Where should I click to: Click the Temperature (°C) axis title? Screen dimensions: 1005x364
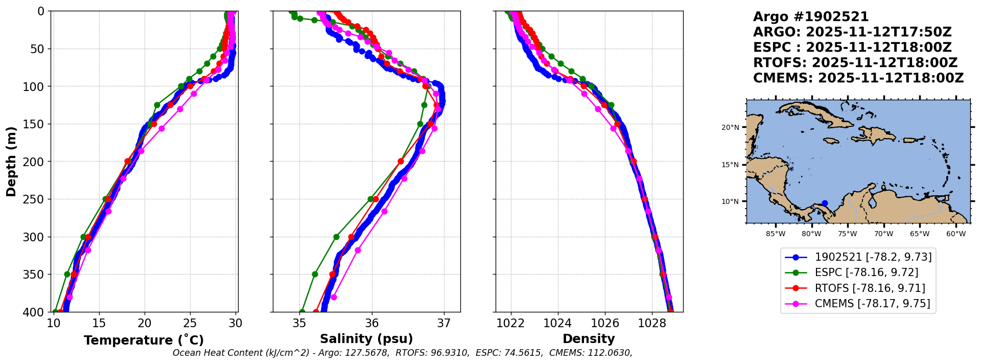tap(144, 340)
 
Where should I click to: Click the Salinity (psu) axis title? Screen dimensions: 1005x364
tap(366, 339)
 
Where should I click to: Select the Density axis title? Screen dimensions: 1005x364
tap(589, 339)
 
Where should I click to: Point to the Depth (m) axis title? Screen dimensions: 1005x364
tap(11, 162)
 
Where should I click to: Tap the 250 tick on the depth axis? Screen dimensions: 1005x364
tap(36, 199)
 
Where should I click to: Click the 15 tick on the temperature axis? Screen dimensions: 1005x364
tap(99, 323)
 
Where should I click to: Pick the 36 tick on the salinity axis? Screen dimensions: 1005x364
tap(371, 323)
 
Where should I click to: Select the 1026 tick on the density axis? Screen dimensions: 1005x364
tap(605, 323)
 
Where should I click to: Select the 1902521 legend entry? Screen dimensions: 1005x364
tap(858, 257)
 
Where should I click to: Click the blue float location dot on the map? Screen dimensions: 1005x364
tap(825, 203)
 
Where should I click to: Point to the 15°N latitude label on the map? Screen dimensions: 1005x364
tap(730, 165)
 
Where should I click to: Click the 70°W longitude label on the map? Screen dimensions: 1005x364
tap(883, 234)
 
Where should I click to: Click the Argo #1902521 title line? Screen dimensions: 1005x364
tap(811, 17)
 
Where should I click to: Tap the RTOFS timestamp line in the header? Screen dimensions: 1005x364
tap(855, 63)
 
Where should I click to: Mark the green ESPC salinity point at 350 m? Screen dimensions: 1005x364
tap(315, 275)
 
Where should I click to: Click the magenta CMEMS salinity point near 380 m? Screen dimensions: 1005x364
tap(334, 297)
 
